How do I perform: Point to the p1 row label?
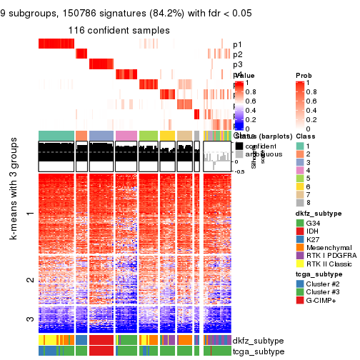tap(237, 44)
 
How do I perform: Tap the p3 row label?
tap(237, 64)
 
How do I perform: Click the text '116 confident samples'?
tap(119, 31)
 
